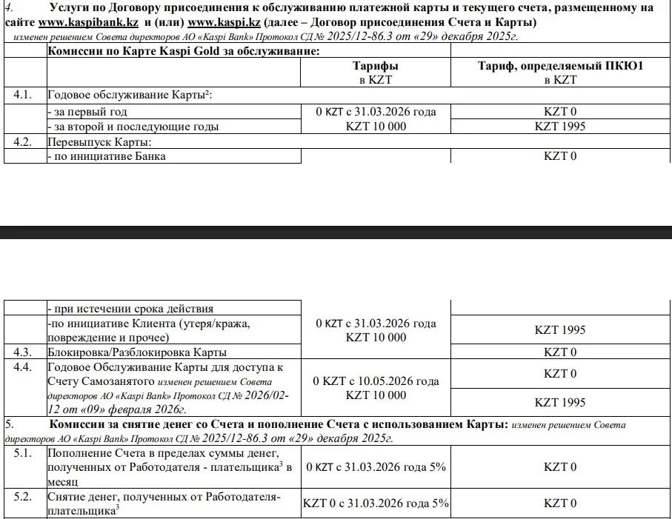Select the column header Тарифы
click(x=376, y=66)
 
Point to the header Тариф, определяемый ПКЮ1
click(x=559, y=66)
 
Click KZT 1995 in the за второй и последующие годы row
click(x=559, y=126)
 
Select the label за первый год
click(x=87, y=112)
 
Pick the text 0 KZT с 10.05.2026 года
click(x=376, y=381)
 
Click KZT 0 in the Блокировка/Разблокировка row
click(x=559, y=352)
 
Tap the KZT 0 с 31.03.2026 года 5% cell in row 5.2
click(x=376, y=503)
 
